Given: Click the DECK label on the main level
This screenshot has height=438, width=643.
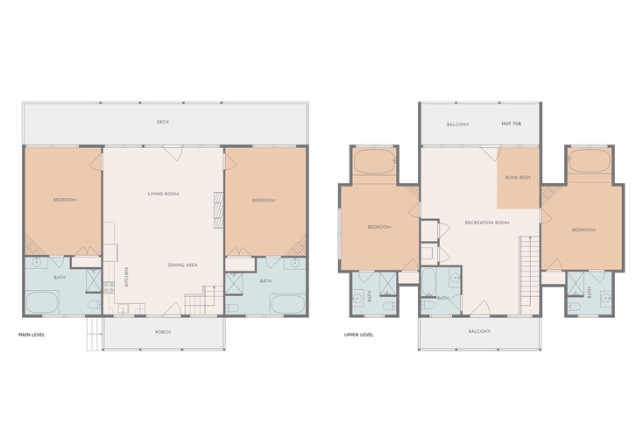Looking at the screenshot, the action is pos(163,122).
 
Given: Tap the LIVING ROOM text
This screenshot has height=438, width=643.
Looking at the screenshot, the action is pos(163,194).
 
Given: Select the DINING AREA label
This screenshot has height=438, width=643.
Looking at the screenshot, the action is pos(182,265).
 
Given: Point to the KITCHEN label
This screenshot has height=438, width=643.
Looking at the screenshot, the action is pos(126,277).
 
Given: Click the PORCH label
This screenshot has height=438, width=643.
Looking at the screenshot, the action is pos(163,332).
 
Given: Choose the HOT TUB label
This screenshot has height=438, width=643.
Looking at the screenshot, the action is pos(511,124).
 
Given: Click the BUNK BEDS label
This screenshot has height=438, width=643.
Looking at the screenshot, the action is pos(518,178).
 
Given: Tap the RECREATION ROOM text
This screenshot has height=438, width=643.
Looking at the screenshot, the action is pos(487,223).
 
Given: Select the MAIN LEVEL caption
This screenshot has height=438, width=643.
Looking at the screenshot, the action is pos(32,335).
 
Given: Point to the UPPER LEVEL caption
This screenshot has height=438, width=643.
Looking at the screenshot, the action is pos(359,335).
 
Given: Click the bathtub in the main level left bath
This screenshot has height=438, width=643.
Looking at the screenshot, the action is pos(43,302).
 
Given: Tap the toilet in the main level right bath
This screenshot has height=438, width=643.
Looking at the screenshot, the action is pos(231,307).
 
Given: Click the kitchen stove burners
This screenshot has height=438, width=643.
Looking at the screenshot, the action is pos(109,287).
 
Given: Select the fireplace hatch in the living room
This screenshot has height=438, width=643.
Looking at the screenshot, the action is pos(219,210).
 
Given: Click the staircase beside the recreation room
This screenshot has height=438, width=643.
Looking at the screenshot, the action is pos(525,275).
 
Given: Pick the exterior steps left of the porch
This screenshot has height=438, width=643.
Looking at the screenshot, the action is pos(95,334).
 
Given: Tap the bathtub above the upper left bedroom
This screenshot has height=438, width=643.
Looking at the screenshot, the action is pos(374,161).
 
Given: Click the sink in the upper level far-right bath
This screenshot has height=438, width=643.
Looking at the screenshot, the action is pos(604,297).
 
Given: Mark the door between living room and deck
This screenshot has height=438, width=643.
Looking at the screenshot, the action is pos(173,153).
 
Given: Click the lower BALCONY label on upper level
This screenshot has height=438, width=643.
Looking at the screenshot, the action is pos(479,331).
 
